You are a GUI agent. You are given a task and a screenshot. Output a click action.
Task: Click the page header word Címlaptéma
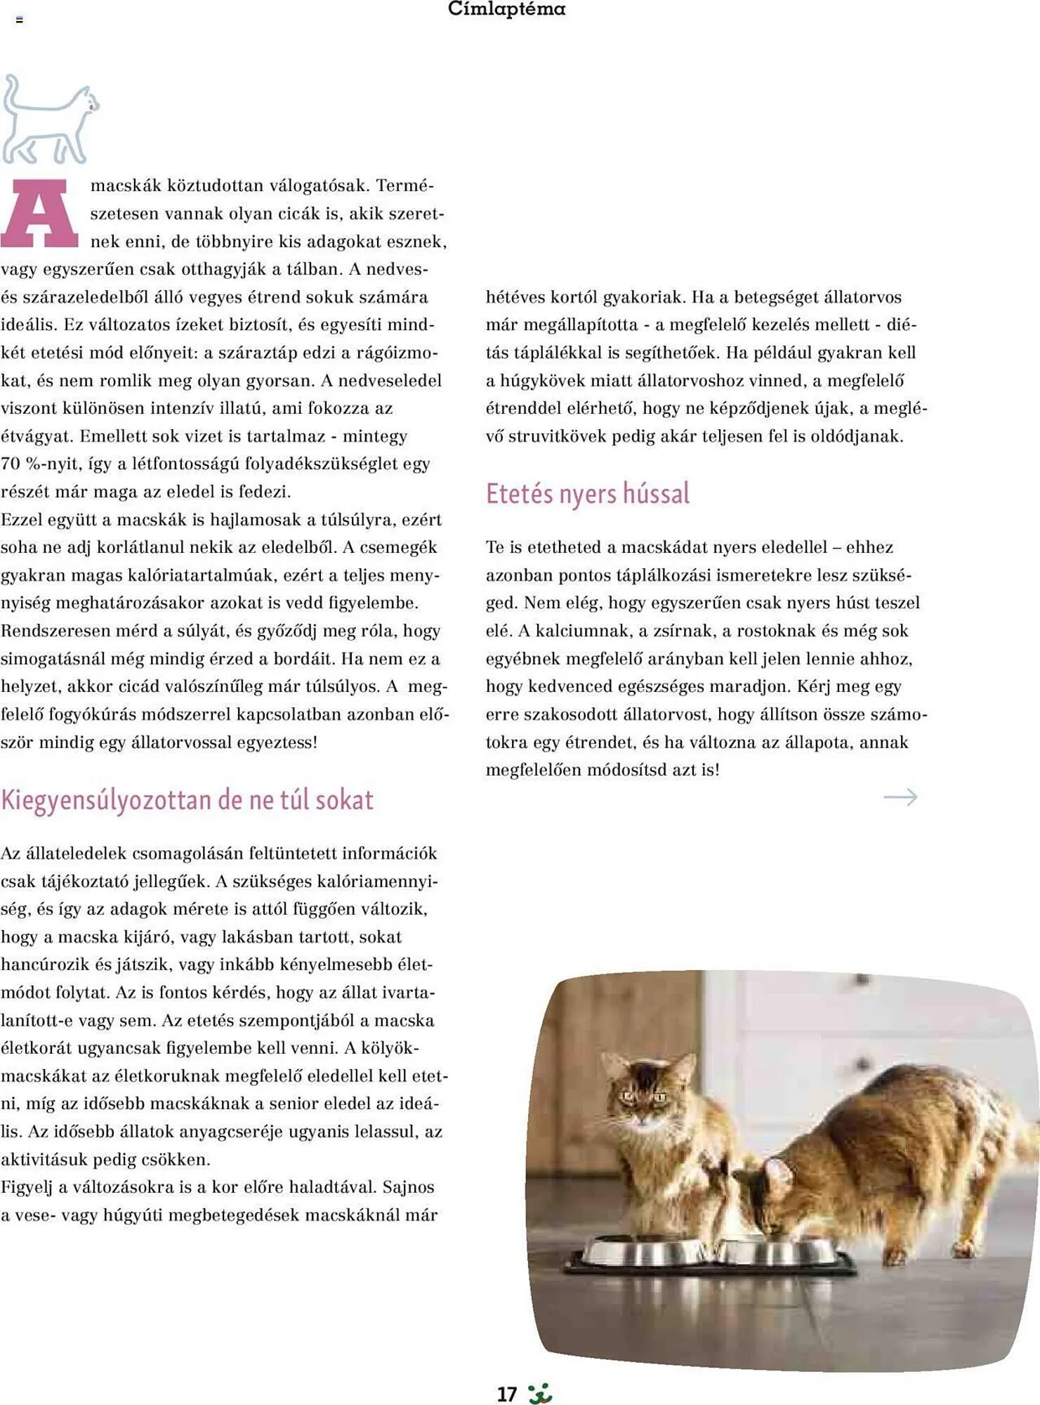[x=506, y=9]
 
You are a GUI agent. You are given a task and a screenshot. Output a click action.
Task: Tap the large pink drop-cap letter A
[x=39, y=214]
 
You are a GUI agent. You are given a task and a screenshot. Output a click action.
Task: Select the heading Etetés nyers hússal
[x=587, y=493]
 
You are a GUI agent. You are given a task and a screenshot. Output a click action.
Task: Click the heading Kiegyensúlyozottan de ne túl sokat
[x=187, y=800]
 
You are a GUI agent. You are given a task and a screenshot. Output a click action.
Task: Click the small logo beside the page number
[x=540, y=1394]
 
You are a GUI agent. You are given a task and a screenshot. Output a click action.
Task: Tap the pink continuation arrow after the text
[x=900, y=797]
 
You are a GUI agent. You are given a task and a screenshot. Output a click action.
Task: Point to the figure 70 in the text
[x=11, y=464]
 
